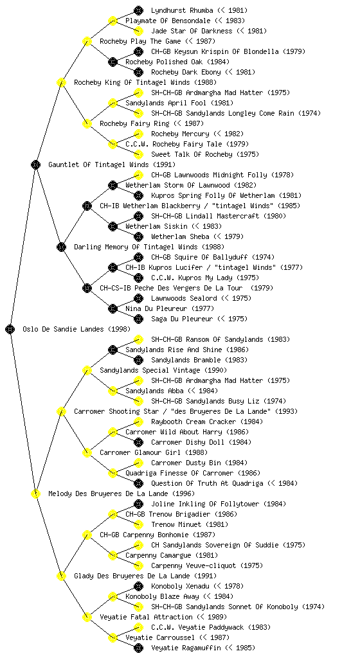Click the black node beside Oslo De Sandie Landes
point(10,329)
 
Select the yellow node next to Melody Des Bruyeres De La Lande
point(35,493)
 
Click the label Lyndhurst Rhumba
point(182,10)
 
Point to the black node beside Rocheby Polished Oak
point(113,62)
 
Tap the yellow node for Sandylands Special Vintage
point(87,370)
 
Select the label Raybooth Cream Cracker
point(194,422)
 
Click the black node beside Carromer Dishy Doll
point(138,442)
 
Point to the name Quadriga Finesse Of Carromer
point(179,473)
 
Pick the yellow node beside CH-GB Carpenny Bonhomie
point(87,535)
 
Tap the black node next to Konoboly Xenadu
point(138,586)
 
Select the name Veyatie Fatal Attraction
point(146,617)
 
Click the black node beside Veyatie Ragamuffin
point(138,648)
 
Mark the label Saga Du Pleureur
point(182,319)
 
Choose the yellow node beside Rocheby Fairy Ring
point(87,123)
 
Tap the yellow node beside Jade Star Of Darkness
point(138,31)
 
